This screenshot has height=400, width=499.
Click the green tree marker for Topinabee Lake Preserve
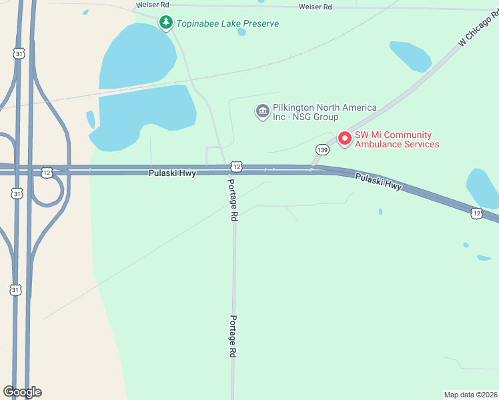pos(165,23)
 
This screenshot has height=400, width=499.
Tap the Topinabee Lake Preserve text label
pos(227,23)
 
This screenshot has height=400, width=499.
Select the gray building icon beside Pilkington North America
pos(262,110)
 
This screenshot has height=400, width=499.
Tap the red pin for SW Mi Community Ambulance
pos(345,138)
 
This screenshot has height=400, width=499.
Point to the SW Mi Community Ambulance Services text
pos(396,139)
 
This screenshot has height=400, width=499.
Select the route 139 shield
pos(323,149)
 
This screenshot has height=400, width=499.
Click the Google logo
pos(22,392)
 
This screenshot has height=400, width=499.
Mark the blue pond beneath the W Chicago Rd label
pos(411,56)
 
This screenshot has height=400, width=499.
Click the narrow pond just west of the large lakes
pos(91,119)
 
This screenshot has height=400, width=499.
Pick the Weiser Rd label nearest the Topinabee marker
pos(149,5)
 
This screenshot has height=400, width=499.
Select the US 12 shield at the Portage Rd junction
pos(235,165)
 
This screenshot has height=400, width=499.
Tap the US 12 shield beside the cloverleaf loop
pos(46,172)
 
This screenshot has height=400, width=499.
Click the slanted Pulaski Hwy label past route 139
pos(378,182)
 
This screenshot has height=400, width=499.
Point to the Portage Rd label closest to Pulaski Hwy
pos(233,199)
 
